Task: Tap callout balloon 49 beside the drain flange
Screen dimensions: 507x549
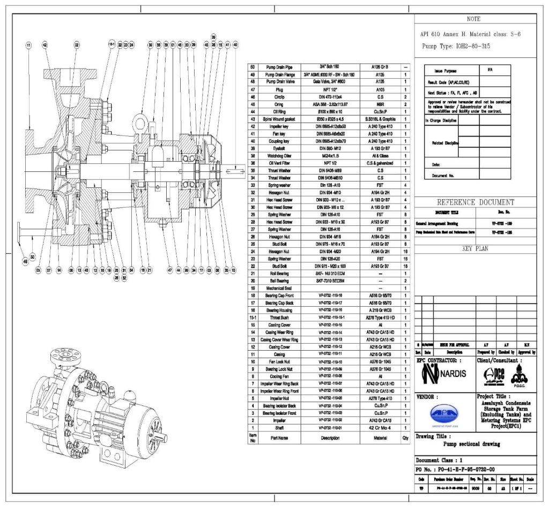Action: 24,262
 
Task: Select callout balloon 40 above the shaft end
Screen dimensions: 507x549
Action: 235,45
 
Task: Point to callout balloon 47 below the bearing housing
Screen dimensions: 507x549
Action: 170,271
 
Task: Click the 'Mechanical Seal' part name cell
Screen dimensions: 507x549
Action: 278,287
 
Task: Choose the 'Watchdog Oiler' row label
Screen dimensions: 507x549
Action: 278,155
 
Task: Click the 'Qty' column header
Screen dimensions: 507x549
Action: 406,437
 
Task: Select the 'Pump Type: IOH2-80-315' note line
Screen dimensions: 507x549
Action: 455,46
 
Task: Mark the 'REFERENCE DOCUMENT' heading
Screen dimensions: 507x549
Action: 475,202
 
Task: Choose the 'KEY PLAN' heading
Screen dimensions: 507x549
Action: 474,248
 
